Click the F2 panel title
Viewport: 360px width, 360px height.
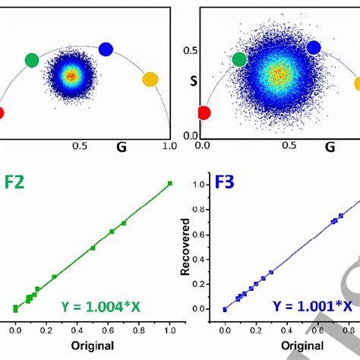(16, 183)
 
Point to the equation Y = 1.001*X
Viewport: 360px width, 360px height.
(313, 306)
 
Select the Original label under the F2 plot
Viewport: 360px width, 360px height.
(92, 346)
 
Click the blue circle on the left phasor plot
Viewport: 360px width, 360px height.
(106, 49)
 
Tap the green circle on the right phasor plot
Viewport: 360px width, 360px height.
(239, 59)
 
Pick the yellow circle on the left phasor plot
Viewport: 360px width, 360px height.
(150, 79)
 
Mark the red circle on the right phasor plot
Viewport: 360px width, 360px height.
(204, 113)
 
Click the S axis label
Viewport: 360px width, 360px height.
(194, 80)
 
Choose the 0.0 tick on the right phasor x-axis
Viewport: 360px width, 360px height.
(202, 143)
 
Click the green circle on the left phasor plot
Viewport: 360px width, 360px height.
(31, 59)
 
